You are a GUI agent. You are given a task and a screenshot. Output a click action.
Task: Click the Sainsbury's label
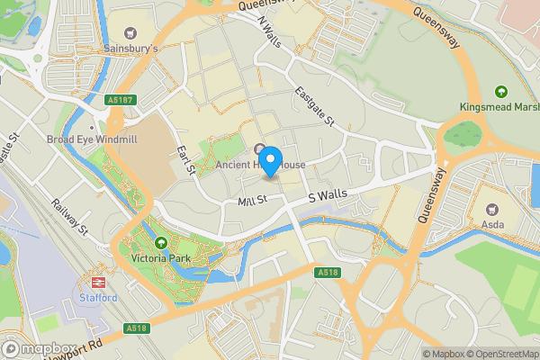click(130, 48)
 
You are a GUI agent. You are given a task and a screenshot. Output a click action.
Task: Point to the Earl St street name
click(186, 159)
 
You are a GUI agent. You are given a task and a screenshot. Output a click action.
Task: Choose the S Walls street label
click(328, 194)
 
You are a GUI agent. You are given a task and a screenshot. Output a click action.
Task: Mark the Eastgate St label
click(314, 107)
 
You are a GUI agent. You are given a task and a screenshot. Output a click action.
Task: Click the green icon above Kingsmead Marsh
click(501, 91)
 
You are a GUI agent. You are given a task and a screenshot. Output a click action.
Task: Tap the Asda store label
click(491, 223)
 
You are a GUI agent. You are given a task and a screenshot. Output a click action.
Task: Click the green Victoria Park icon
click(160, 242)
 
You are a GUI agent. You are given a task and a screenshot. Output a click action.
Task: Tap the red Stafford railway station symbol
click(96, 281)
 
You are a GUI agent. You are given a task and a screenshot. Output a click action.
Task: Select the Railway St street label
click(68, 219)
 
